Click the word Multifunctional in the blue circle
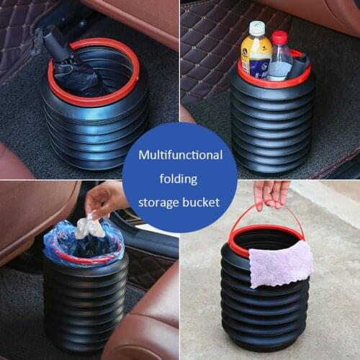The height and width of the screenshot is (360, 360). coord(180,155)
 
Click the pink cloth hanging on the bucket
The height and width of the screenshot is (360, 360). coord(280,263)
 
